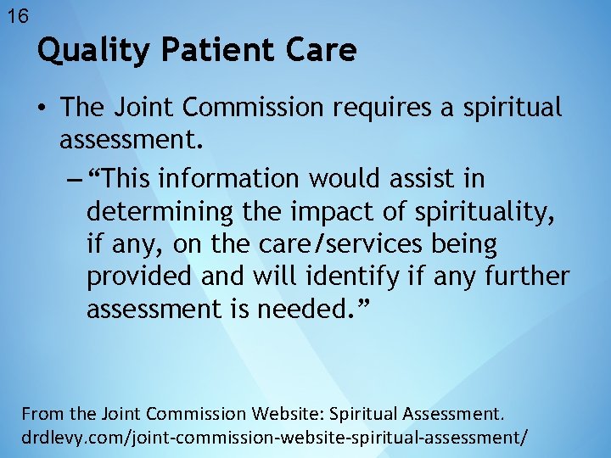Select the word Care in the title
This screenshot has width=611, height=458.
coord(322,52)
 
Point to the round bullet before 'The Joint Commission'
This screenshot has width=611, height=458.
coord(41,109)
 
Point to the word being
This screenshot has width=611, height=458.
coord(462,244)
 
